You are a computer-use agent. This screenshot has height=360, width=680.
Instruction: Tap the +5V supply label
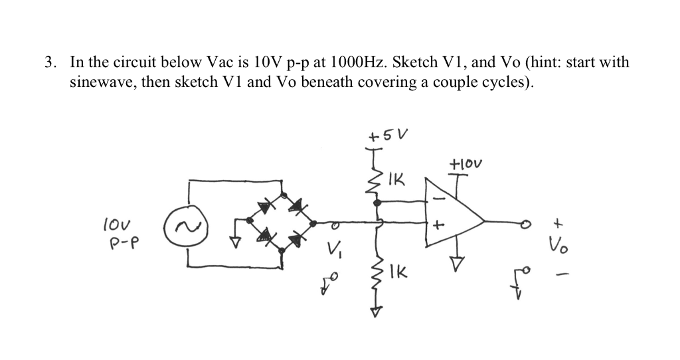[388, 135]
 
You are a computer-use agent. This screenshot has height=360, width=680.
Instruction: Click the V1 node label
[334, 251]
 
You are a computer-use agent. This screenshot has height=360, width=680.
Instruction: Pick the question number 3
[49, 63]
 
